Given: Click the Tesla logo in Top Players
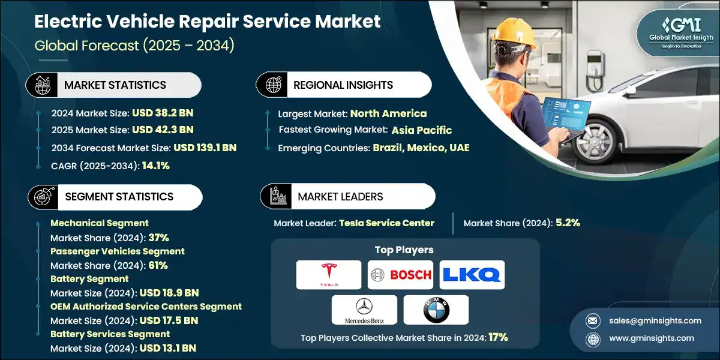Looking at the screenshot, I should click(x=328, y=275).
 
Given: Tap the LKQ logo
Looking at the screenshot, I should click(x=472, y=275).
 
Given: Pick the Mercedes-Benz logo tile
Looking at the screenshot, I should click(x=364, y=310).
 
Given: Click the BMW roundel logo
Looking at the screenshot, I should click(x=436, y=310).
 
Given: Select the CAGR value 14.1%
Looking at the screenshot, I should click(x=155, y=166).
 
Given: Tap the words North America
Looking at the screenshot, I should click(x=388, y=113).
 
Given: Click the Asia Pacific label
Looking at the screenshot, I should click(x=422, y=130).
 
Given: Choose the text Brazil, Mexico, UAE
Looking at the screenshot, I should click(x=421, y=148).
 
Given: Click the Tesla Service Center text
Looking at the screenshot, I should click(x=386, y=223).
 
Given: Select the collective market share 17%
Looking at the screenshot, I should click(x=497, y=337).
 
